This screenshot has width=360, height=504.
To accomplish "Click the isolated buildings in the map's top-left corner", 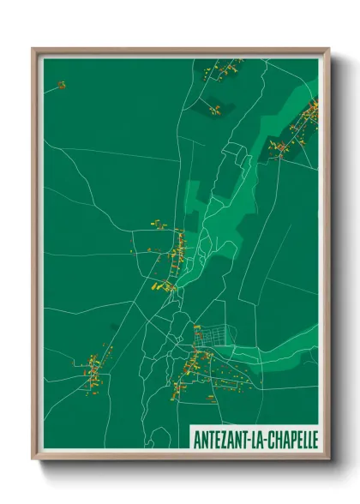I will [x=62, y=85].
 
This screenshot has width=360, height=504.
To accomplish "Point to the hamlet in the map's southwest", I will [x=96, y=369].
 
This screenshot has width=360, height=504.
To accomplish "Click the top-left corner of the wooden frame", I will [x=34, y=50].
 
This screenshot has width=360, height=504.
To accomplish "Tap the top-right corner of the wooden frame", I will [x=327, y=50].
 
